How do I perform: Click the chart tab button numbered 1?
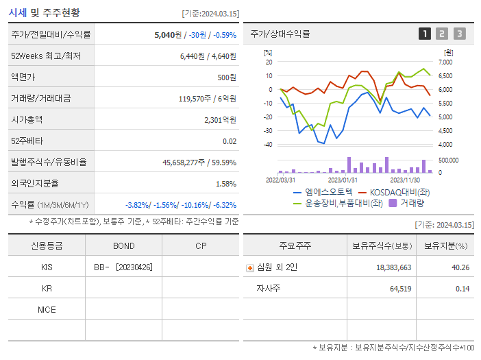click(x=425, y=34)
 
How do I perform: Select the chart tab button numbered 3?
click(x=459, y=34)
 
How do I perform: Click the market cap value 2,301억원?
click(x=220, y=119)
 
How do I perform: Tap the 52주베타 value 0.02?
click(x=230, y=141)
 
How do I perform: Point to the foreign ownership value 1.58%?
click(x=225, y=183)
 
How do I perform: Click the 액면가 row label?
click(x=25, y=77)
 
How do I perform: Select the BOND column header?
click(x=123, y=245)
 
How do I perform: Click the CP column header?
click(x=200, y=245)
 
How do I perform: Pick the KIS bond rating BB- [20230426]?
click(x=123, y=267)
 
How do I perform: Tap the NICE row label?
click(x=47, y=309)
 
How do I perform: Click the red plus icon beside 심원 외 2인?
click(x=250, y=267)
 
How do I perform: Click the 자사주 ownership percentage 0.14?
click(x=462, y=288)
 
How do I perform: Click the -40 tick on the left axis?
click(x=268, y=145)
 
